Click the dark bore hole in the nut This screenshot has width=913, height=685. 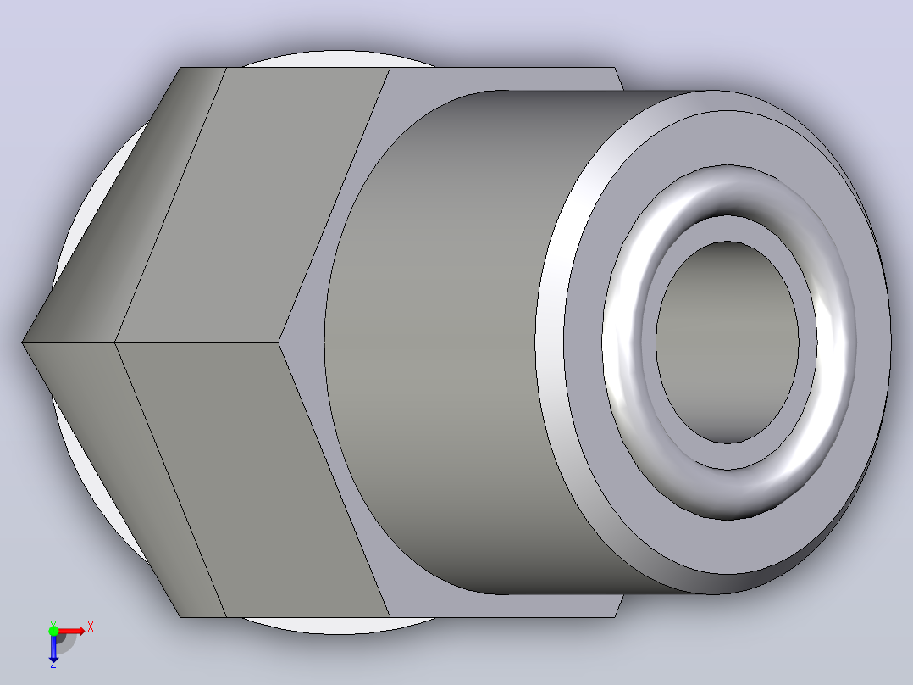[x=728, y=342]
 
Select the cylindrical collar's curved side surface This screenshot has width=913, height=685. [x=442, y=342]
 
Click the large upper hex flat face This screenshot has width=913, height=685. [x=251, y=204]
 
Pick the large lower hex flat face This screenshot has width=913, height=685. [x=251, y=478]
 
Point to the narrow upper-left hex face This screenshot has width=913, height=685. [x=125, y=204]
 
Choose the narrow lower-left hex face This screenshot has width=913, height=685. [x=125, y=478]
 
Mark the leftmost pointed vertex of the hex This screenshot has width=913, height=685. [x=22, y=342]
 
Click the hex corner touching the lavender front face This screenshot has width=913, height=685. [x=279, y=342]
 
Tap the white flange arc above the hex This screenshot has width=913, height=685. [x=338, y=58]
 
